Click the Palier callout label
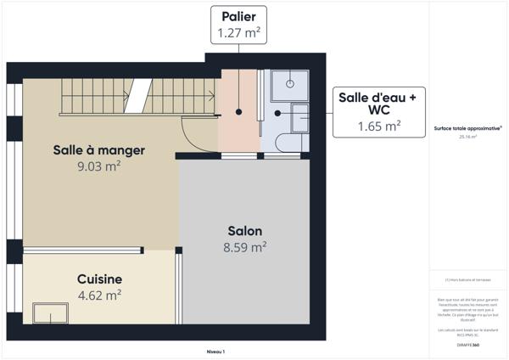click(238, 17)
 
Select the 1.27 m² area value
click(238, 33)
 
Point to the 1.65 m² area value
click(378, 126)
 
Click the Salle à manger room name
click(98, 150)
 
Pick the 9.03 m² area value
click(98, 166)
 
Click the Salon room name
click(244, 231)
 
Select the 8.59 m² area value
click(244, 247)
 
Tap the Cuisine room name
click(99, 279)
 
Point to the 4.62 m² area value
click(99, 295)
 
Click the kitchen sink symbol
click(51, 312)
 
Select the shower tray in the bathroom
click(290, 84)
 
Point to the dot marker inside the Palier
click(239, 112)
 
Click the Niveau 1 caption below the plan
click(216, 351)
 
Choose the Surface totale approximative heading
click(467, 128)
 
